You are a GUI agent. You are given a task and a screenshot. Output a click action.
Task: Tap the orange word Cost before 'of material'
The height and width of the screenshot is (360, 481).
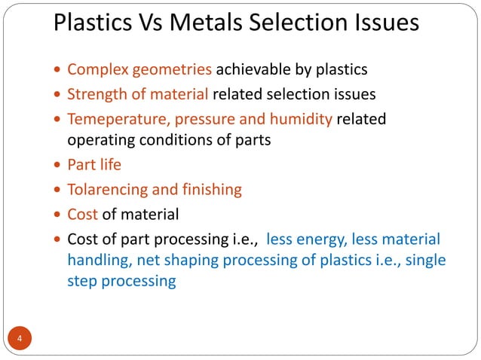click(82, 214)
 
